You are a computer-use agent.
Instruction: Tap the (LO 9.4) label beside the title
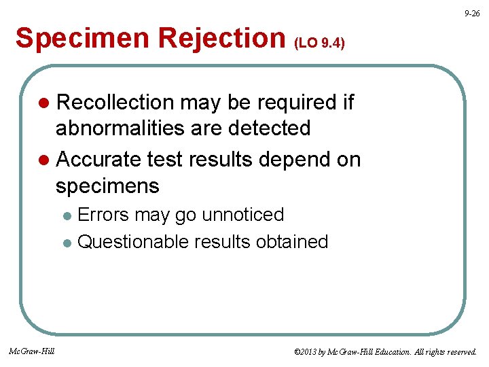(319, 43)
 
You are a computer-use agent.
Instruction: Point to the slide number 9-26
(472, 13)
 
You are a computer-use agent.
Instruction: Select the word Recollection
(115, 103)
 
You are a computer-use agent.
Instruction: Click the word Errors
(104, 215)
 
